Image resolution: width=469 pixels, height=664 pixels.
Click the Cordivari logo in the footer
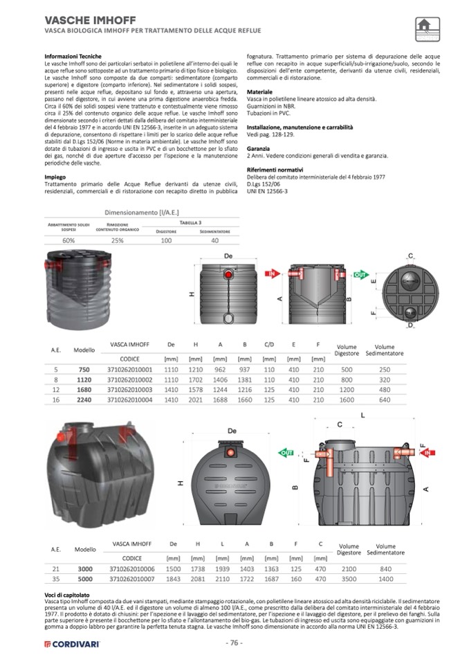[x=71, y=643]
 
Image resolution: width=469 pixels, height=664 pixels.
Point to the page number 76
[x=234, y=643]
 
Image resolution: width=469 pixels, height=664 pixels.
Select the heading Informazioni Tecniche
[x=73, y=55]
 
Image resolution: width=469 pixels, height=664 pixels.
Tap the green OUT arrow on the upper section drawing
[x=360, y=274]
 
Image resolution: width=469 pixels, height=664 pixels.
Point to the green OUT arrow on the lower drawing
[x=285, y=453]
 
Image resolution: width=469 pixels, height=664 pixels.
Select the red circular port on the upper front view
[x=229, y=276]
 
